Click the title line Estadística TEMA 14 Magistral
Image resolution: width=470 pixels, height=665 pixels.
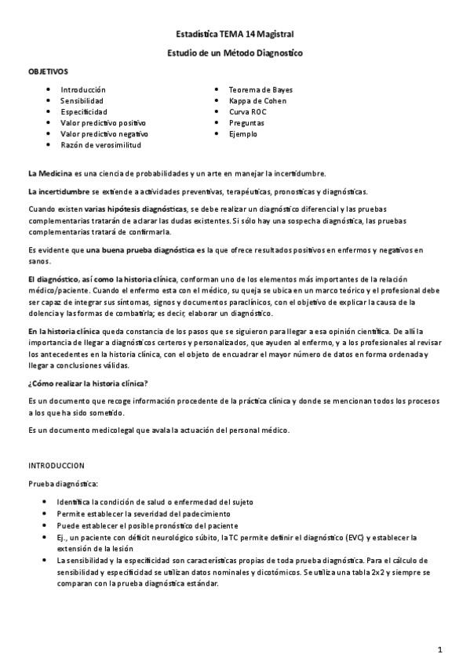pos(235,35)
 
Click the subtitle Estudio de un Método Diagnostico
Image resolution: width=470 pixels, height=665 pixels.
pos(235,53)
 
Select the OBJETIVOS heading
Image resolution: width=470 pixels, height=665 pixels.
pos(49,71)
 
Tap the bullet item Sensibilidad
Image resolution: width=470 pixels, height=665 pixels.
pos(82,101)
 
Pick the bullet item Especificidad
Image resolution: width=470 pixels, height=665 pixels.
pos(84,112)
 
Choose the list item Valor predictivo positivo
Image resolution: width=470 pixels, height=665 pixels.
pos(103,123)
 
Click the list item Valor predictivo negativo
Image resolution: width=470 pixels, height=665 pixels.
pos(104,134)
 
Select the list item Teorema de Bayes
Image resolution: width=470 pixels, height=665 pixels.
pos(261,90)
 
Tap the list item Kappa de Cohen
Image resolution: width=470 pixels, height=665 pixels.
pos(258,101)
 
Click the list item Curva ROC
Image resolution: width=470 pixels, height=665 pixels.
pos(248,112)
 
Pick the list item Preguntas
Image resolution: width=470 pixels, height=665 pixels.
pos(246,123)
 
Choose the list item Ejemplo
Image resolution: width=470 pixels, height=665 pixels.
pos(242,134)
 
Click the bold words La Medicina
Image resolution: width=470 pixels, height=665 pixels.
pos(50,173)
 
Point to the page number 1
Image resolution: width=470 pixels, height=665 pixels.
pos(441,649)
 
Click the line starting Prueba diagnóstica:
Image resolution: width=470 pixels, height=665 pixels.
pos(64,484)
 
